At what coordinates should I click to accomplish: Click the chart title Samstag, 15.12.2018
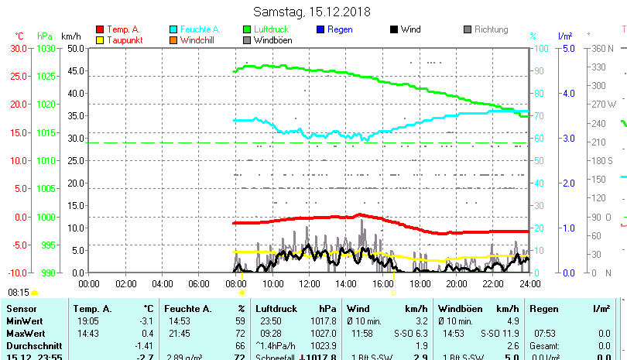click(x=313, y=12)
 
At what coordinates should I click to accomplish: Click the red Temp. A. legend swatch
click(x=99, y=30)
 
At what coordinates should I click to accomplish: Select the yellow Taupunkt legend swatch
click(x=99, y=40)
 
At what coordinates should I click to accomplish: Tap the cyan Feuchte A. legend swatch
click(x=173, y=30)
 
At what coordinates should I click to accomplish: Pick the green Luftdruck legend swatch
click(x=248, y=30)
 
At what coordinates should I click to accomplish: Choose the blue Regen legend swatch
click(x=320, y=30)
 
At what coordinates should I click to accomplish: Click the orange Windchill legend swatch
click(x=173, y=40)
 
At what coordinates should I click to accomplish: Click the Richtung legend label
click(x=492, y=30)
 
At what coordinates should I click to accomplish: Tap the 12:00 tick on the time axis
click(x=310, y=283)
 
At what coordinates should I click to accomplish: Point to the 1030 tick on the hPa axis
click(x=46, y=48)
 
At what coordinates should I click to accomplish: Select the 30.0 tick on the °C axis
click(x=19, y=48)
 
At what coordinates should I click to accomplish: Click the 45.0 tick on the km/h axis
click(x=75, y=70)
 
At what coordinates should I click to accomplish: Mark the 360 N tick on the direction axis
click(x=603, y=48)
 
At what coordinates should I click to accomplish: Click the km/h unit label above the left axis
click(x=70, y=36)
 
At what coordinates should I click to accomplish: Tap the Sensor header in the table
click(x=21, y=309)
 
